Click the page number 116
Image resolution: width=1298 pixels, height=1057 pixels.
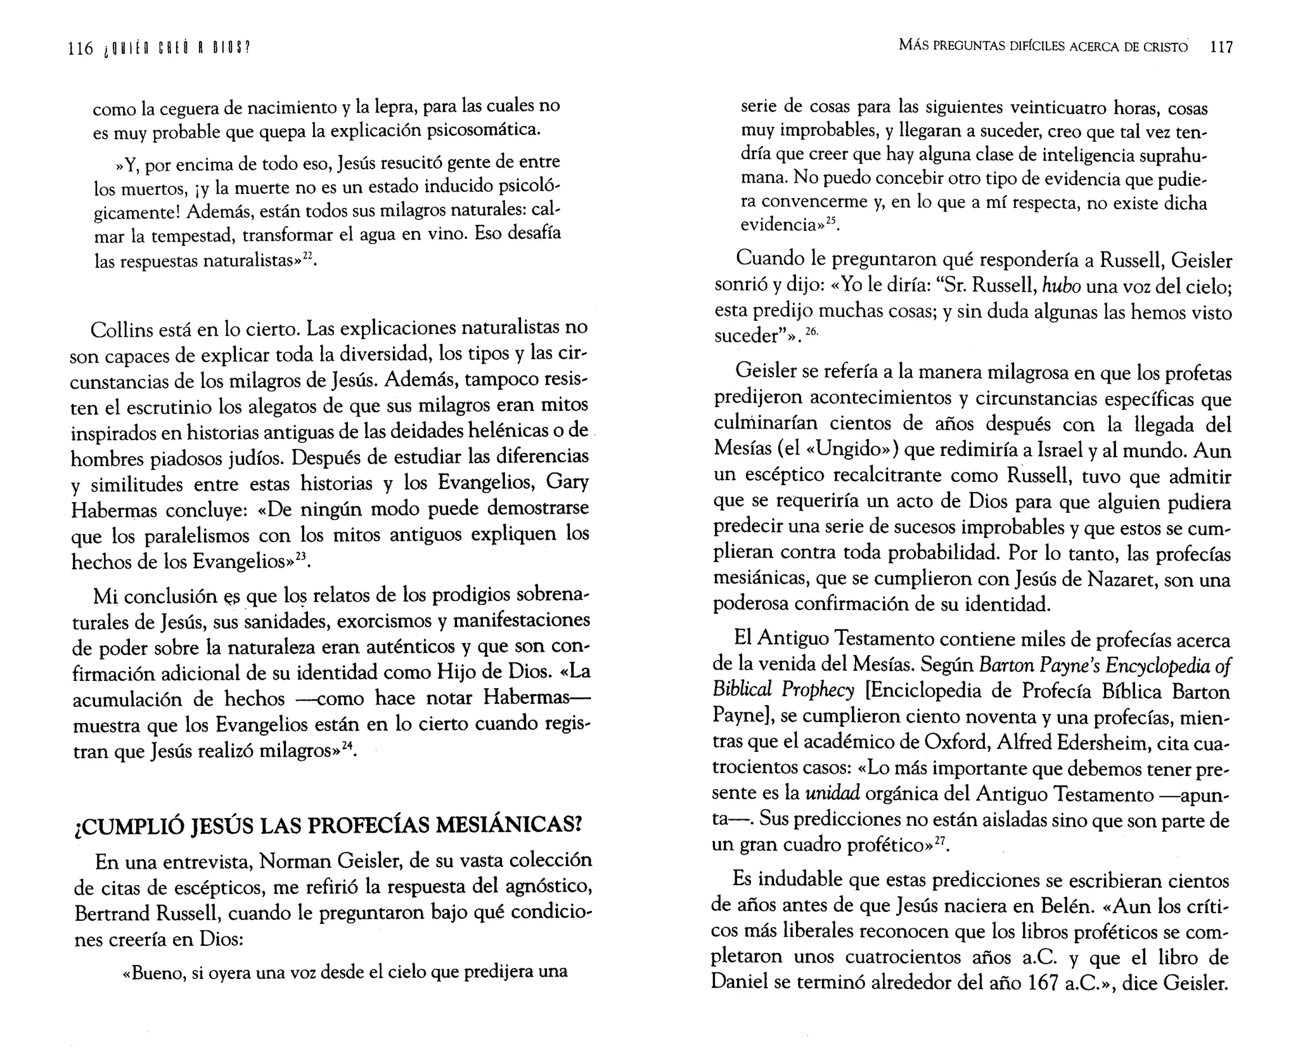click(x=80, y=48)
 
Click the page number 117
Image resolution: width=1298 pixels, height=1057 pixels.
click(x=1221, y=47)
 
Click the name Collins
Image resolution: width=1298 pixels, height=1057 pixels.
click(x=124, y=330)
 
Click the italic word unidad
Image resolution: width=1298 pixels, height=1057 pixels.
click(x=832, y=793)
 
